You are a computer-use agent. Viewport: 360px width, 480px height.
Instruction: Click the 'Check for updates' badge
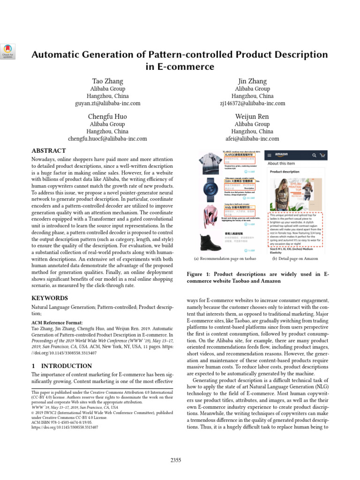point(9,51)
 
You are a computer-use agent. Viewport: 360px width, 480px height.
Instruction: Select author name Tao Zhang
point(107,81)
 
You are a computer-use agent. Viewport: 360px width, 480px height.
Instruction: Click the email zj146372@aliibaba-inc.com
point(252,103)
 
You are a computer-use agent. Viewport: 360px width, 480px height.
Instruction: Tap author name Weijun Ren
point(252,117)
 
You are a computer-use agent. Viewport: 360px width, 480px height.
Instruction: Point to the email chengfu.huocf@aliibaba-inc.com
point(107,139)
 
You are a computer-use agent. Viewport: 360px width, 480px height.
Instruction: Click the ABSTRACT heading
point(48,151)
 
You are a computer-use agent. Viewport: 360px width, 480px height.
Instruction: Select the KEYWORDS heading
point(49,298)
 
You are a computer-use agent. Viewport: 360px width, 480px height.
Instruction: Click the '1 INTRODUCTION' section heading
point(61,366)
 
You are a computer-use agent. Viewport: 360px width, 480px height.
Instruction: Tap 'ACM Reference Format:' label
point(57,322)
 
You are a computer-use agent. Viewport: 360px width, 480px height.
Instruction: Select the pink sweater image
point(210,215)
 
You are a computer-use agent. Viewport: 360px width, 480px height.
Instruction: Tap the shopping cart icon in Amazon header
point(322,155)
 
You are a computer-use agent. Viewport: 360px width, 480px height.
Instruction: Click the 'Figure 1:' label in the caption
point(202,274)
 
